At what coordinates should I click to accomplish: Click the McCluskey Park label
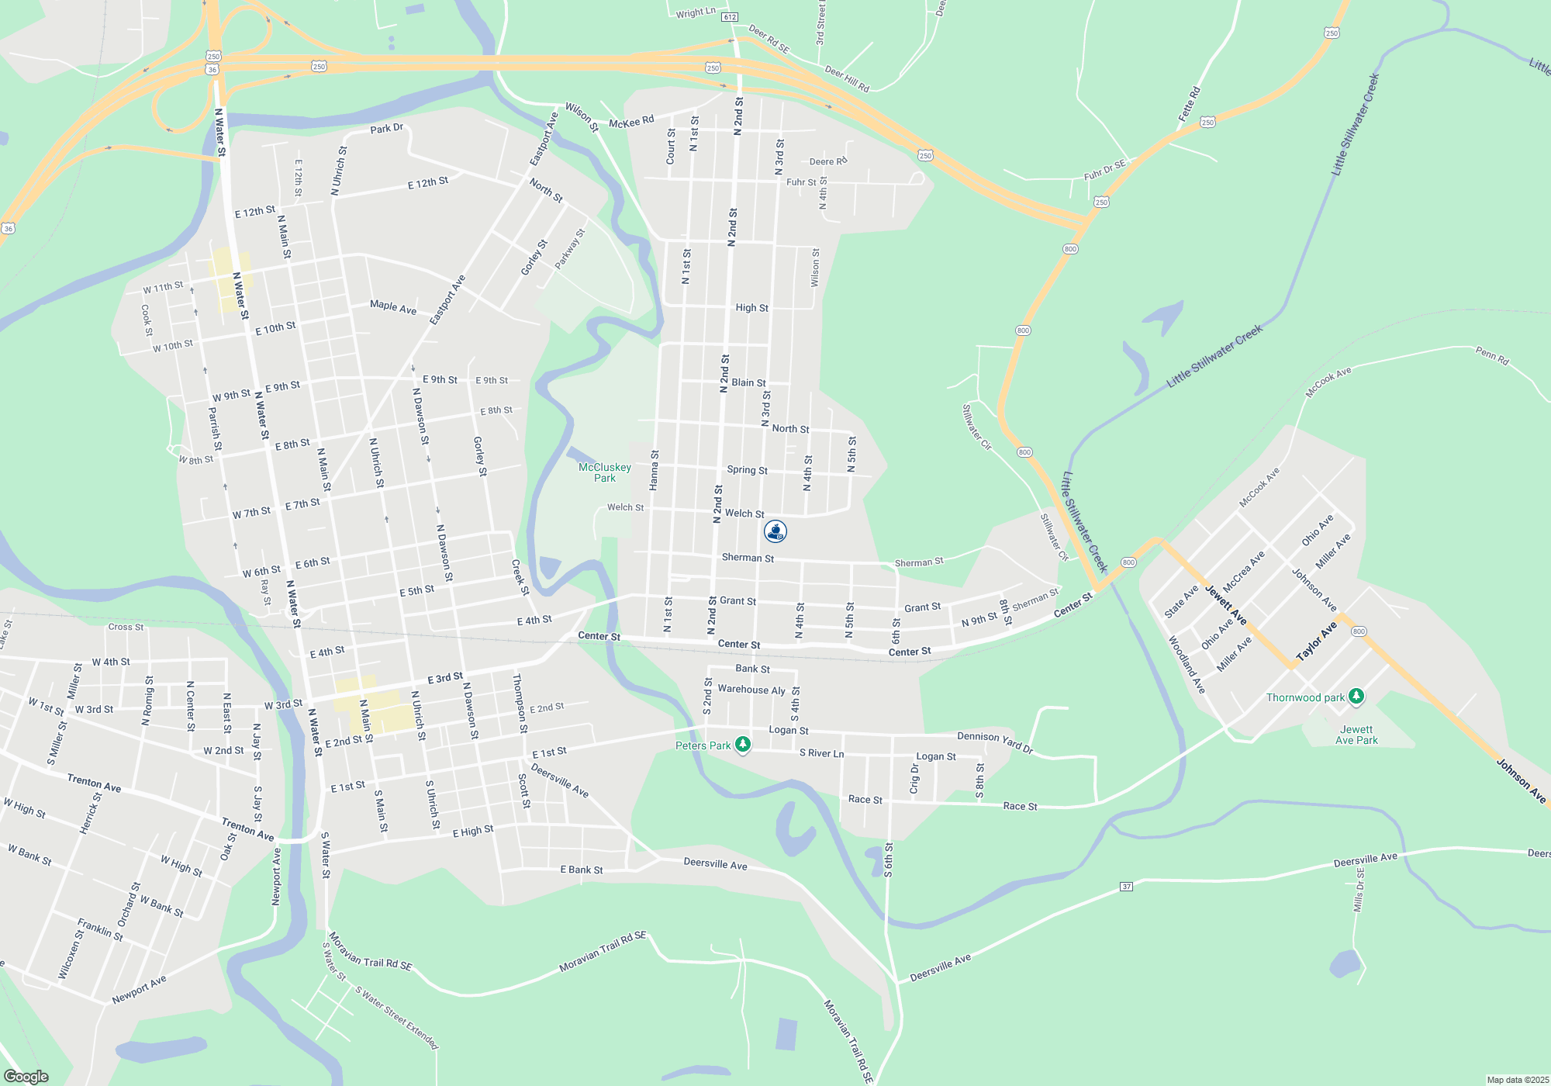click(605, 472)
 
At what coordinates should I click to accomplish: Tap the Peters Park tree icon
click(743, 745)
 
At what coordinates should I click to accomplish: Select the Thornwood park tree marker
click(1356, 697)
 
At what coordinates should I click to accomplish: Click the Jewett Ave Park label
click(1356, 735)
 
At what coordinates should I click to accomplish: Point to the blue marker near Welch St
click(775, 531)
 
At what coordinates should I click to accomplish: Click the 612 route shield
click(729, 17)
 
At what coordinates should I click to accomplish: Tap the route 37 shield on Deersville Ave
click(1127, 886)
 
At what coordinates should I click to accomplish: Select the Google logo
click(26, 1076)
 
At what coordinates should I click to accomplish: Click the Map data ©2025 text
click(1518, 1080)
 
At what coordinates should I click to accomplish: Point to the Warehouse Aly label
click(751, 690)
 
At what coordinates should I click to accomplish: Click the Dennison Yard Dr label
click(995, 742)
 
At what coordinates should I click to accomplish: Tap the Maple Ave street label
click(393, 308)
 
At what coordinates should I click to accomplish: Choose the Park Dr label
click(386, 129)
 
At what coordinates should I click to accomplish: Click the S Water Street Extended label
click(396, 1017)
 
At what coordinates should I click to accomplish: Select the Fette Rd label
click(1190, 103)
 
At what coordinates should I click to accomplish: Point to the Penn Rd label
click(1492, 356)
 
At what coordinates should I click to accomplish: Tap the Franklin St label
click(100, 929)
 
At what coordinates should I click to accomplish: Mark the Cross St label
click(126, 627)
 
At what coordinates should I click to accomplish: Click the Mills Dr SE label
click(1359, 891)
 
